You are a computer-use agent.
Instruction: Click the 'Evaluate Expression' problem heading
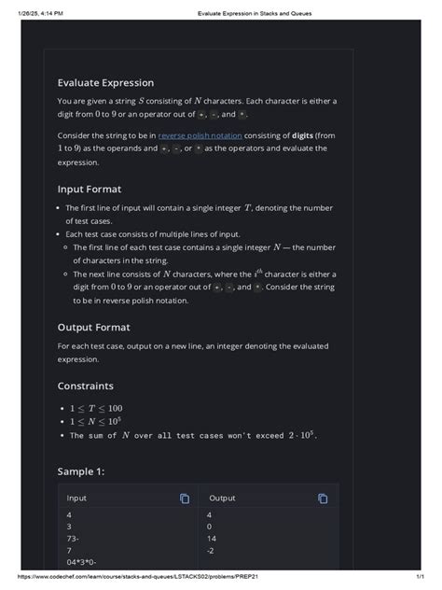(105, 83)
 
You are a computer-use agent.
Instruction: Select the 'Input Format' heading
(90, 189)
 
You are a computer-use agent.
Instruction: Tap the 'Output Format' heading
(93, 328)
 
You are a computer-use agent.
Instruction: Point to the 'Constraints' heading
(86, 386)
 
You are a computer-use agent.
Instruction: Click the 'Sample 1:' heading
(81, 471)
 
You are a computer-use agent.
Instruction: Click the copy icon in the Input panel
(185, 499)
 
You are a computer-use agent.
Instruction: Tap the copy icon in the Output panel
(323, 499)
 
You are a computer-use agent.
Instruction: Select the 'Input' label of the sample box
(76, 499)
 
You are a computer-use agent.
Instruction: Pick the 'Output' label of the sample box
(222, 499)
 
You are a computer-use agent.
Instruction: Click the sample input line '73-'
(73, 539)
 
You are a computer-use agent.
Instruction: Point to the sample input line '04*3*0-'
(81, 562)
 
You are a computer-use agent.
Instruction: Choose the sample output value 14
(212, 539)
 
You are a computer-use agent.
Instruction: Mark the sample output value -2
(211, 551)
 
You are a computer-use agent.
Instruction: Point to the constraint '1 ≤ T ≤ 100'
(96, 409)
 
